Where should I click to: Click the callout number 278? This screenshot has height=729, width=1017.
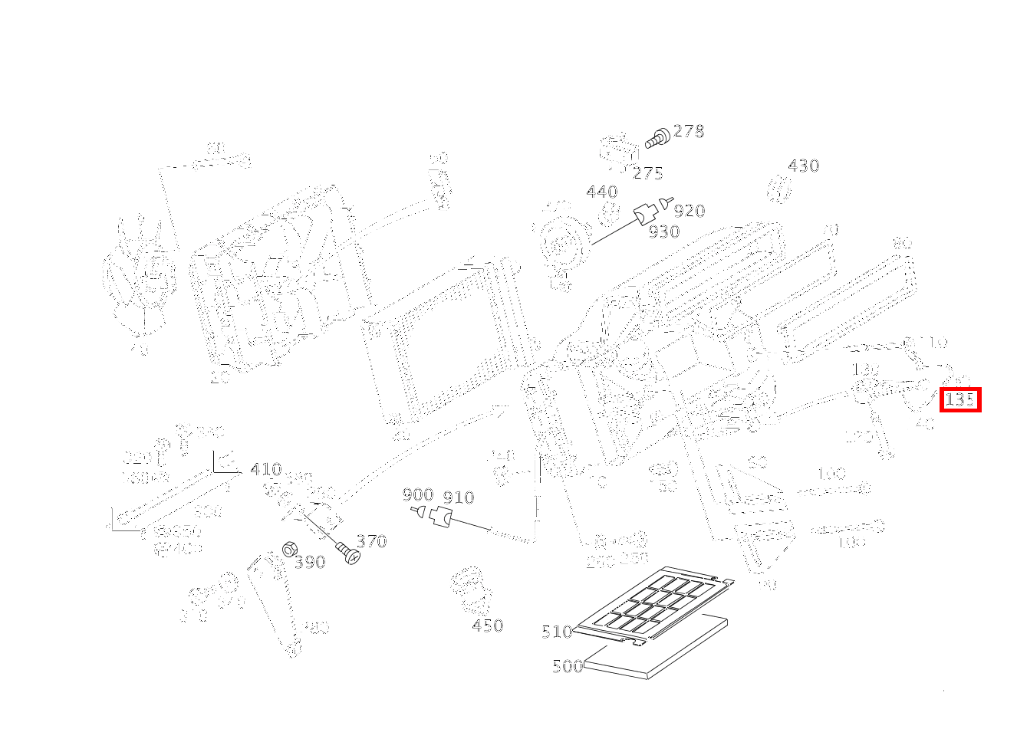point(688,131)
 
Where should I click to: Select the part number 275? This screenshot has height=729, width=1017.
point(648,173)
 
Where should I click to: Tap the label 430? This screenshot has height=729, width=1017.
point(803,166)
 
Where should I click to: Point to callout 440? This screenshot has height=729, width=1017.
point(601,192)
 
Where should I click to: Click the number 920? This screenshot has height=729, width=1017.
point(690,211)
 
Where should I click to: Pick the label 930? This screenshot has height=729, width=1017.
point(663,232)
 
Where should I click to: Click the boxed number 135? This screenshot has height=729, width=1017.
point(960,399)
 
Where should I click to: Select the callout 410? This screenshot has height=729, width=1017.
point(265,469)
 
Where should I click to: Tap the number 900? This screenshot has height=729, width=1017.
point(418,495)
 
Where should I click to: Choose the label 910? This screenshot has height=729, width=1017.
point(459,497)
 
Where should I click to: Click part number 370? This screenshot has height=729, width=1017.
point(371,541)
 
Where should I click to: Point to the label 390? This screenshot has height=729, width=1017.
point(310,562)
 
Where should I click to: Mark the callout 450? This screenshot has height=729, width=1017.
point(488,626)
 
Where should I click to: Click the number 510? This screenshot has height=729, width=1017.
point(557,632)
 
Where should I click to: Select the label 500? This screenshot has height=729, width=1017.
point(568,666)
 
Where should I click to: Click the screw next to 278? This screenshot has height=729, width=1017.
point(658,138)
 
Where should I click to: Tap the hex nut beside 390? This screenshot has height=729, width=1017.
point(290,550)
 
